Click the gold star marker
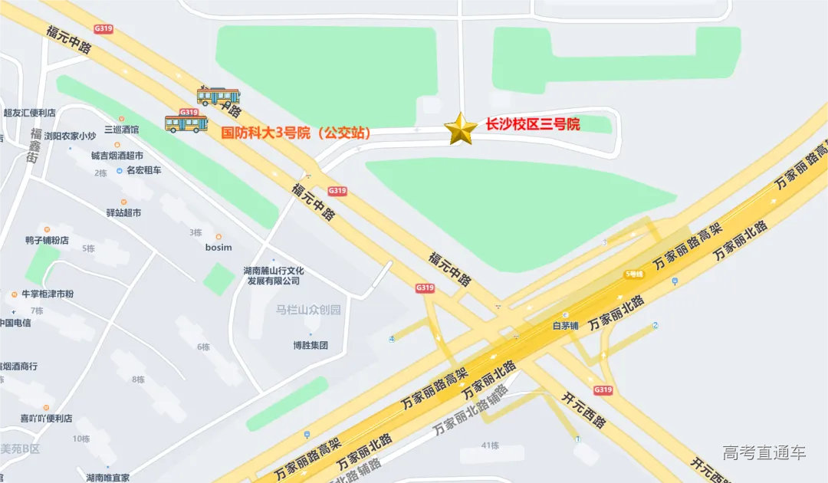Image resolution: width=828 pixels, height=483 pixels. pos(461,129)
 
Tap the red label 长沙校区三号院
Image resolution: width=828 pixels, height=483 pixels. pos(533,124)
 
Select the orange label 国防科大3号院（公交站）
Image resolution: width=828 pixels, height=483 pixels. pos(296,133)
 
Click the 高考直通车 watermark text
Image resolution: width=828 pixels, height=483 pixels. pos(764,452)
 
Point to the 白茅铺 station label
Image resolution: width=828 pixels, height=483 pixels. pos(565,324)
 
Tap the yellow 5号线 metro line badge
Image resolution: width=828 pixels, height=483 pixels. pos(633,274)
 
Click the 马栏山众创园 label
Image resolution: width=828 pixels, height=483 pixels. pos(308,310)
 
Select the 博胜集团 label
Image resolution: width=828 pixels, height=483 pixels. pos(310,345)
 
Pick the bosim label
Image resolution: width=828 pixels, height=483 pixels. pos(219,247)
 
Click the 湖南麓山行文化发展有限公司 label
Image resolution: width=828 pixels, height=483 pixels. pos(274,276)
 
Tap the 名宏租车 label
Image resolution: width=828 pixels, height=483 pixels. pos(143,170)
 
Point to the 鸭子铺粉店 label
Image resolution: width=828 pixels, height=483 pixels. pos(47,240)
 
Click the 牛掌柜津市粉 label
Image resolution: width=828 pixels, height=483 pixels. pos(48,294)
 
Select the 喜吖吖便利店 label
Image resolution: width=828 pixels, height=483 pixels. pos(46,419)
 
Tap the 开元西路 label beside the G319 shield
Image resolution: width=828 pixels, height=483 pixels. pos(583,410)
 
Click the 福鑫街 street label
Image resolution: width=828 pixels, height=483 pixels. pos(34,146)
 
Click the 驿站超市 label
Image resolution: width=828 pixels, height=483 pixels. pos(123,212)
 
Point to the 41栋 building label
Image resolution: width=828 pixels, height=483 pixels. pos(490,445)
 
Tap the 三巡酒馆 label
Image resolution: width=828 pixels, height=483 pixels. pos(121,130)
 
